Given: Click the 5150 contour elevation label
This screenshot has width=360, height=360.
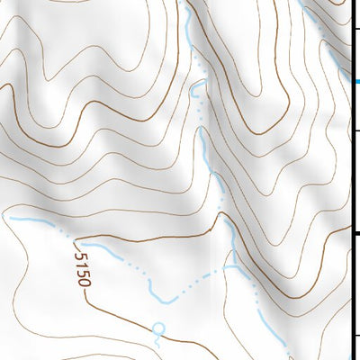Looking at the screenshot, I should tap(82, 269).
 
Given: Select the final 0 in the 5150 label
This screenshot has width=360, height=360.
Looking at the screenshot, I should tap(85, 282).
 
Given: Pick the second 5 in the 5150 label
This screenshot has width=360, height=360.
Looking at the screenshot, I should tap(83, 273).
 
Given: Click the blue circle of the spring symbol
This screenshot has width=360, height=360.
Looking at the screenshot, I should tap(159, 328).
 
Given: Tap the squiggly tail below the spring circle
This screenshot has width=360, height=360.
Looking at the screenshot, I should tap(159, 339).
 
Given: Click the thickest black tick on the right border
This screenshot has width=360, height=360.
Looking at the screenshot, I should tap(355, 233).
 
